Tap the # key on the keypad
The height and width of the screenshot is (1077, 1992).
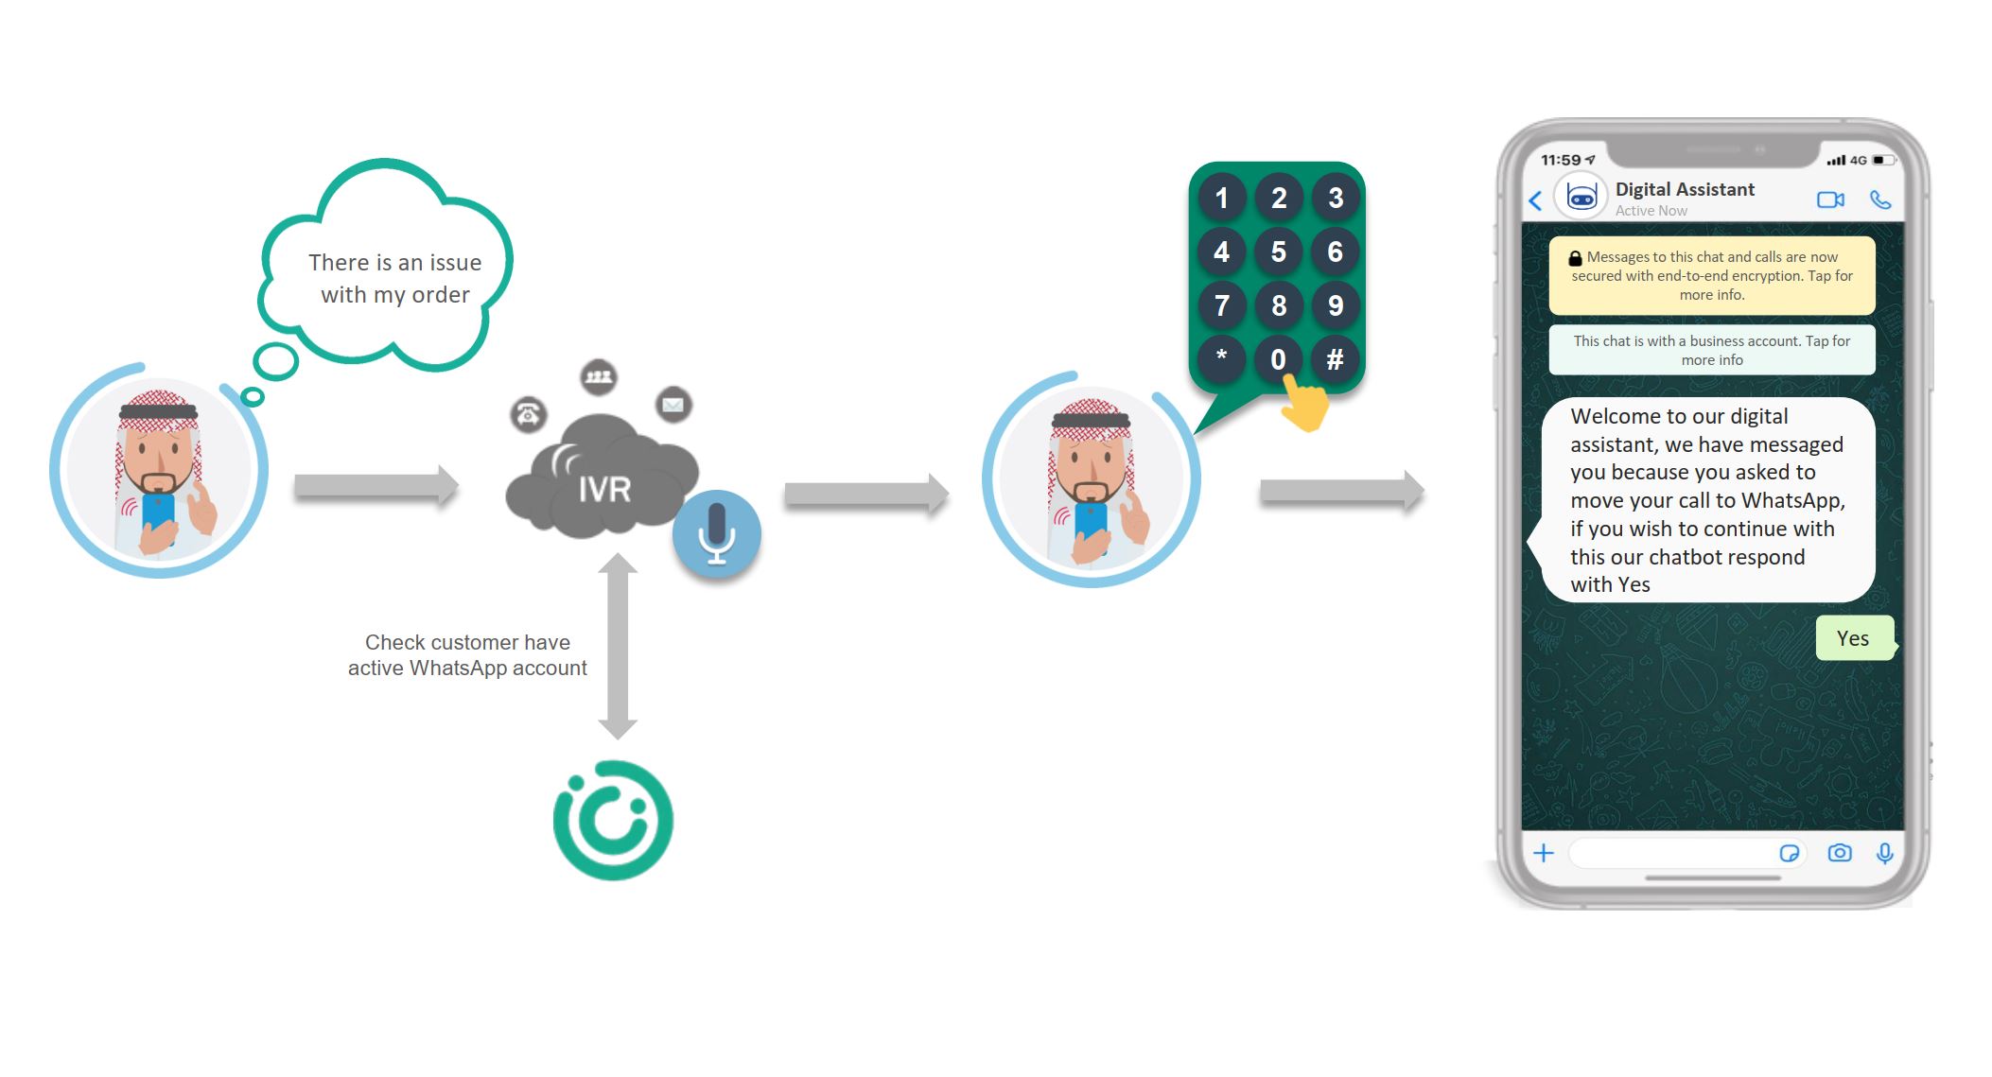click(x=1335, y=359)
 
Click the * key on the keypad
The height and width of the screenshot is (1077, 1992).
click(x=1221, y=359)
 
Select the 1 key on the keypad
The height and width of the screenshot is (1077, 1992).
click(x=1221, y=198)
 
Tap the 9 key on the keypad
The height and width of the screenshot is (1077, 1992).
click(x=1335, y=305)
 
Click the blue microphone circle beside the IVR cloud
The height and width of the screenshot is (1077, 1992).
click(x=717, y=534)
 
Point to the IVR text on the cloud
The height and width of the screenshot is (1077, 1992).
click(x=604, y=489)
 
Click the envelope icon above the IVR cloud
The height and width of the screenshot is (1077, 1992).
click(x=673, y=405)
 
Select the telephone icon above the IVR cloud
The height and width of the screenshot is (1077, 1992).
click(x=529, y=414)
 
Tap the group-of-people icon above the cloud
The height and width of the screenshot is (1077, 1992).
click(x=599, y=377)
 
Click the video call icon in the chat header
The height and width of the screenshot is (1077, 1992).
click(x=1830, y=200)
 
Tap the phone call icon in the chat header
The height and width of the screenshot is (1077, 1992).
click(x=1880, y=200)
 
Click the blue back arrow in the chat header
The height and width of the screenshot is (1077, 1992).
click(x=1535, y=200)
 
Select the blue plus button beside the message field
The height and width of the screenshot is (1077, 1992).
click(x=1544, y=853)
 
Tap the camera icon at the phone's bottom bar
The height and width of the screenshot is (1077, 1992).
click(x=1840, y=853)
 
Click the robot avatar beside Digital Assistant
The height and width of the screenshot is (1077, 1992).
click(x=1581, y=197)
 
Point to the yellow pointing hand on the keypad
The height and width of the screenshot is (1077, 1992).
click(x=1305, y=404)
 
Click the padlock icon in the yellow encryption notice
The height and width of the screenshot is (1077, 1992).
click(x=1575, y=257)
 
